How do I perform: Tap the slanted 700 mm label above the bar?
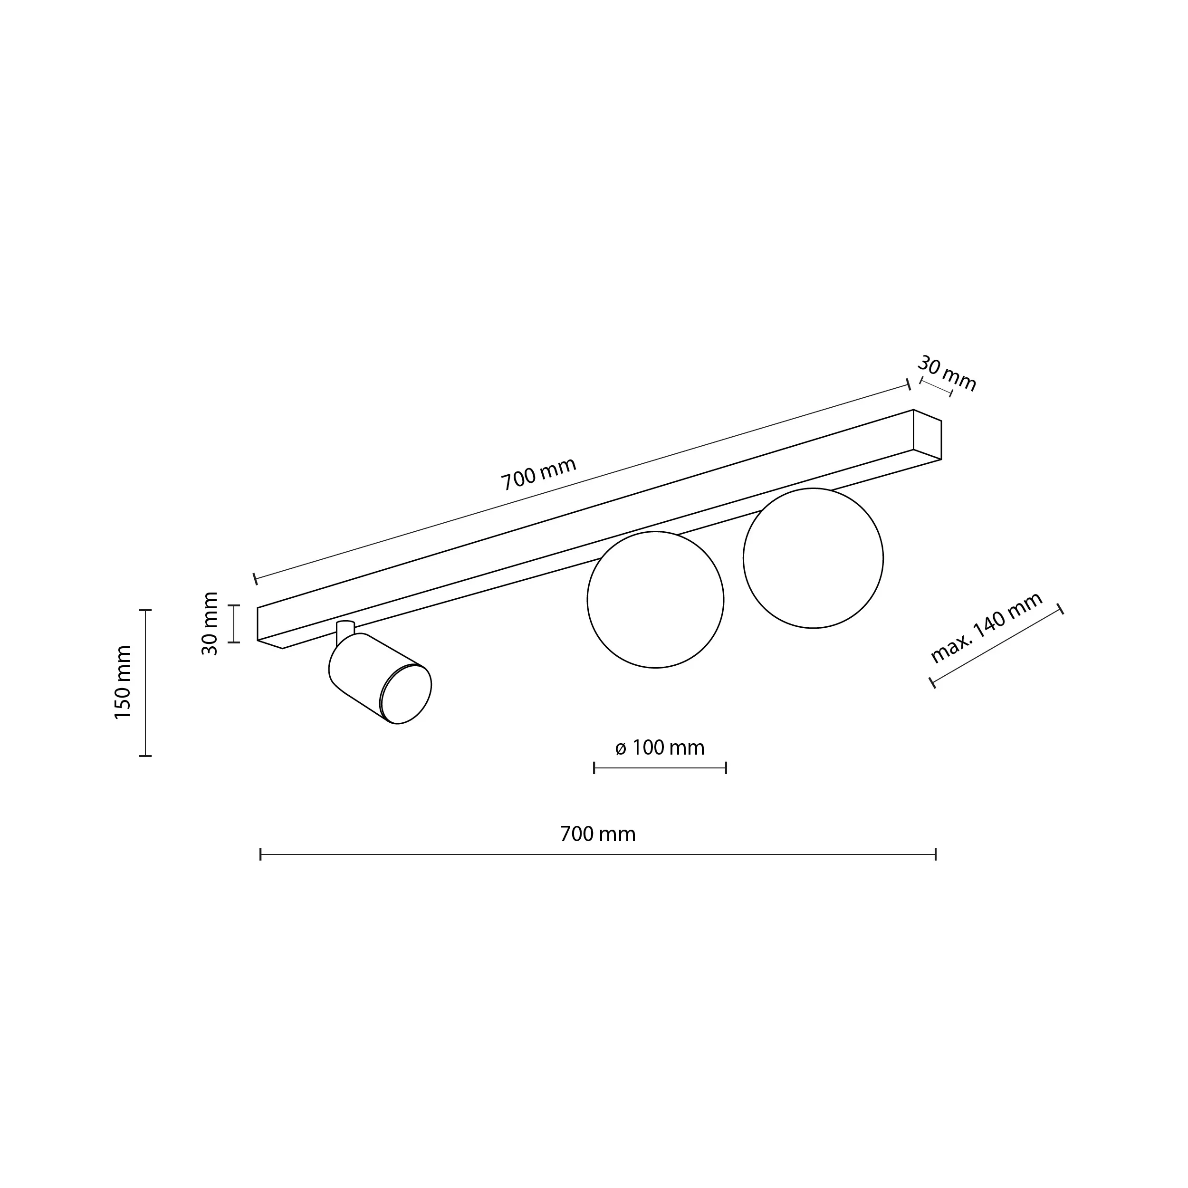(x=539, y=473)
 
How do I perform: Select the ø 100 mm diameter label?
(x=659, y=747)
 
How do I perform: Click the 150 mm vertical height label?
(x=123, y=682)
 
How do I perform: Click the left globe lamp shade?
(x=655, y=600)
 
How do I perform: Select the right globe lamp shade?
(x=813, y=558)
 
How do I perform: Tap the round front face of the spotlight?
(x=406, y=695)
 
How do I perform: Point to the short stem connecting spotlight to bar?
(x=345, y=630)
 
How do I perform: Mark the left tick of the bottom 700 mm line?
(x=261, y=854)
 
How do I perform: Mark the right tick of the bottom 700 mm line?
(x=935, y=854)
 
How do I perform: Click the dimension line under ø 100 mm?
(x=660, y=767)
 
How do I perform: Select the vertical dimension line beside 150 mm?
(x=145, y=682)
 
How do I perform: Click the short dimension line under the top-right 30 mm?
(x=936, y=387)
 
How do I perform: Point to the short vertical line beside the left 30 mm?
(x=234, y=623)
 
